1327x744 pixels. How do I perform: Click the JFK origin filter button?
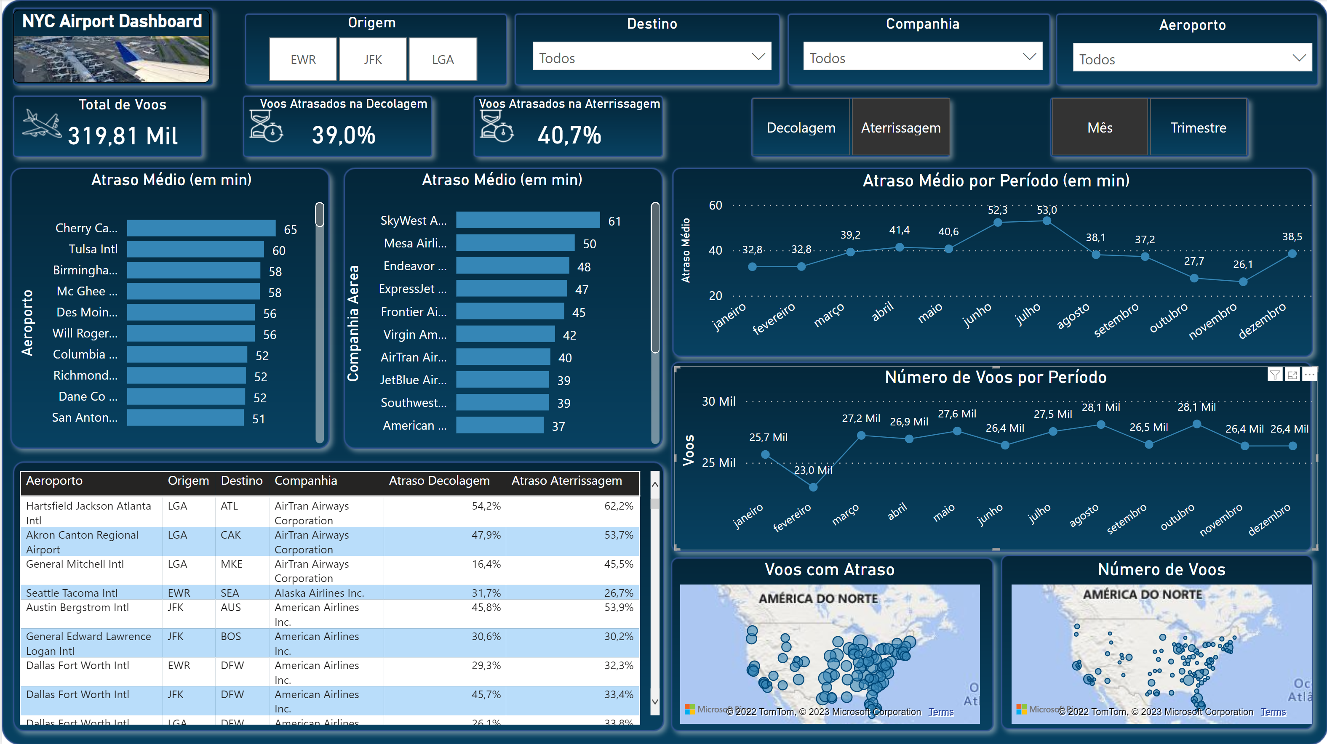coord(372,59)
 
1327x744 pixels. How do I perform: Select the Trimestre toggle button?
coord(1198,128)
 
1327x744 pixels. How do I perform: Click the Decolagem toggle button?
coord(801,128)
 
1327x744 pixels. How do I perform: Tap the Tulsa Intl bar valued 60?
coord(195,250)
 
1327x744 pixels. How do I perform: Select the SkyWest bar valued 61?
coord(528,221)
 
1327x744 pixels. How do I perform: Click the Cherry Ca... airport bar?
coord(201,228)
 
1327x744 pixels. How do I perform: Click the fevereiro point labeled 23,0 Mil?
coord(813,486)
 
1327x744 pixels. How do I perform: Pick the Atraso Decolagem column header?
coord(439,481)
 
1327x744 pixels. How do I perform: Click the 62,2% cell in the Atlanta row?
coord(618,506)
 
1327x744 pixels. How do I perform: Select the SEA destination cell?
coord(230,593)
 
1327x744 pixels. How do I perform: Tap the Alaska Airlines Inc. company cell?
coord(319,593)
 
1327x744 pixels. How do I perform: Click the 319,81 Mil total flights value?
coord(123,136)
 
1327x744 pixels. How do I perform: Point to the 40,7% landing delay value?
coord(569,136)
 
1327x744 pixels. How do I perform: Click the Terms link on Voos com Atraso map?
coord(941,712)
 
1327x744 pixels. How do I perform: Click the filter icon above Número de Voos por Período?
coord(1274,375)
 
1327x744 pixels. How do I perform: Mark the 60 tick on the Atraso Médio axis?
coord(715,205)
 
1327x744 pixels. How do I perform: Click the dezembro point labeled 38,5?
coord(1292,254)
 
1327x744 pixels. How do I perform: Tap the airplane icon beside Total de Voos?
coord(41,125)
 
